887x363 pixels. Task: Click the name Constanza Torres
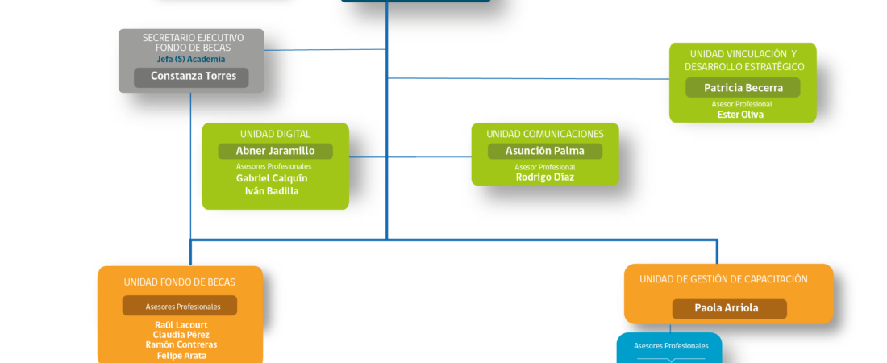click(x=194, y=76)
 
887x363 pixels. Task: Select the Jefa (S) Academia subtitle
click(x=191, y=60)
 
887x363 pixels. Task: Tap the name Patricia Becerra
click(x=743, y=88)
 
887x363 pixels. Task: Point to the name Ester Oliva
click(x=740, y=115)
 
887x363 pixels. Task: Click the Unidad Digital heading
click(x=276, y=134)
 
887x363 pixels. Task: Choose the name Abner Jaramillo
click(x=276, y=151)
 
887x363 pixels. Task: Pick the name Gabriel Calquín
click(x=272, y=178)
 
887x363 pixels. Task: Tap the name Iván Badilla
click(x=272, y=191)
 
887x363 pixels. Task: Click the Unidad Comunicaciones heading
click(x=545, y=134)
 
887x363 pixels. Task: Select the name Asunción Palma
click(x=545, y=151)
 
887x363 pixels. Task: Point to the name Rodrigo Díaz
click(x=545, y=177)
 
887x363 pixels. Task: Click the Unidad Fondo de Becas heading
click(x=180, y=282)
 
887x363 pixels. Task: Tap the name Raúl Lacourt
click(x=181, y=325)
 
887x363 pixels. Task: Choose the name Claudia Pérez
click(x=181, y=335)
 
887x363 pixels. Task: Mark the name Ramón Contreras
click(x=181, y=345)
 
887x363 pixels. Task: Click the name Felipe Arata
click(x=181, y=356)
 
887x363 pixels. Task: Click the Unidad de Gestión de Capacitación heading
click(x=724, y=279)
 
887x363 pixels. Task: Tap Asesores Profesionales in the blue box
click(x=671, y=346)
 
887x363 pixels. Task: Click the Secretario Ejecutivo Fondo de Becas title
click(x=193, y=43)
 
